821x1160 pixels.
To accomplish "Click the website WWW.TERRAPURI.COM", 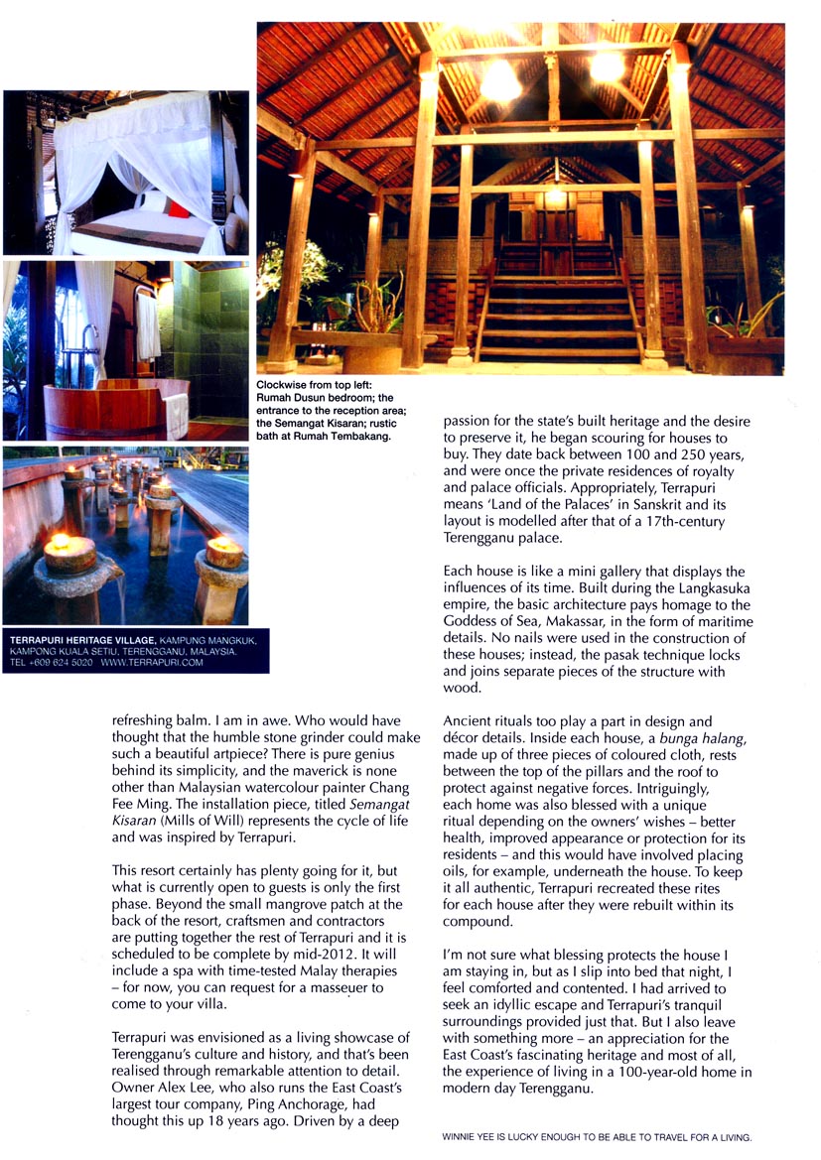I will tap(152, 662).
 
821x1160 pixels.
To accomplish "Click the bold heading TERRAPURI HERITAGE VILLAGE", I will tap(76, 640).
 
